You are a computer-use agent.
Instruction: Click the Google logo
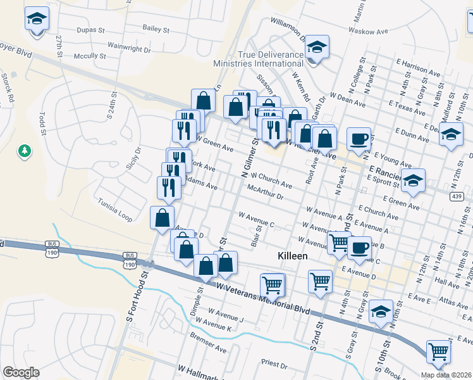tap(21, 372)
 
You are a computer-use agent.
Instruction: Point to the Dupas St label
tap(89, 30)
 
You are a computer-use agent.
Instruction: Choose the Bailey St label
tap(156, 28)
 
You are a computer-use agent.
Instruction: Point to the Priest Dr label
tap(274, 364)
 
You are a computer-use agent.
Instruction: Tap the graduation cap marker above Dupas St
tap(37, 20)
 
